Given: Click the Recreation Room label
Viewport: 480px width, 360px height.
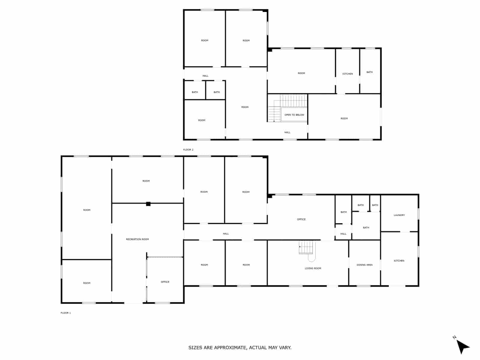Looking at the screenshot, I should coord(137,239).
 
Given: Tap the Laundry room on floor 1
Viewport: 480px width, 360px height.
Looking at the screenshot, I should coord(399,215).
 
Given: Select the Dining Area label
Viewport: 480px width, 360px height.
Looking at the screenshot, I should coord(364,265).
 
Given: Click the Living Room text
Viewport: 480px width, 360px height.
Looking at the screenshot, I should coord(313,268).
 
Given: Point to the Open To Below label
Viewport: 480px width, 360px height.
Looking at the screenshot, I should coord(294,115).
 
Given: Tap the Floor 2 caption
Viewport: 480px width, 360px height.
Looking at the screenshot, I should coord(188,149).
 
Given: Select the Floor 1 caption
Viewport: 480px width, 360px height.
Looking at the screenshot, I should coord(66,313).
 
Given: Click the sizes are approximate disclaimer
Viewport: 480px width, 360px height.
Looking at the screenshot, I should coord(240,348).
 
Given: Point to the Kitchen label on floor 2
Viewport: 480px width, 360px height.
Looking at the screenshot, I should coord(348,74).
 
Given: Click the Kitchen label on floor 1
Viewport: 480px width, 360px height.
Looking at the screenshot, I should coord(399,261).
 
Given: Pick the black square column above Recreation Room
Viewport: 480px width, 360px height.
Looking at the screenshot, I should coord(148,204).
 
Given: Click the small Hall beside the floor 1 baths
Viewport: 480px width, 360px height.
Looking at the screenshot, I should coord(343,234).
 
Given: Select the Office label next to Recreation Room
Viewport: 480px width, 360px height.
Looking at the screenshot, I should coord(165,282).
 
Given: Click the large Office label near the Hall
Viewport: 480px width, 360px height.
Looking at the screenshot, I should coord(301,219).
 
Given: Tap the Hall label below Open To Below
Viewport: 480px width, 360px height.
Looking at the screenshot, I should coord(287,132).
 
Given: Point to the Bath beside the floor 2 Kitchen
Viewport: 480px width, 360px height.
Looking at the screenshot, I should coord(370,72).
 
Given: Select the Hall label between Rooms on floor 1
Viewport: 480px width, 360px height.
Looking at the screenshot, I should coord(226,234).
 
